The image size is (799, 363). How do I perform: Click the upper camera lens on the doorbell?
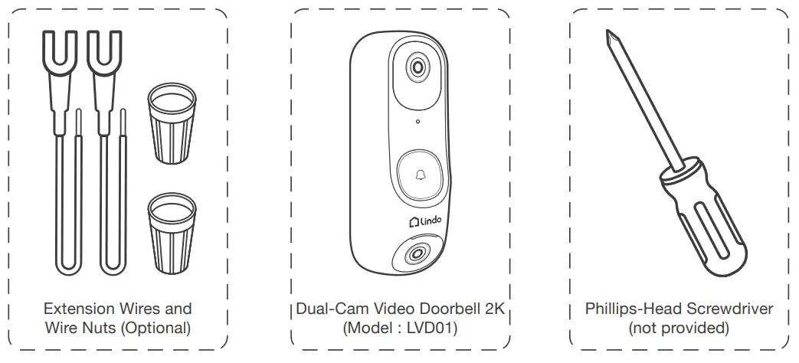click(418, 67)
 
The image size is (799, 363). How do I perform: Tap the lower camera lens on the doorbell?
click(417, 253)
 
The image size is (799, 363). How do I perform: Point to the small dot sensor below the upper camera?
click(417, 122)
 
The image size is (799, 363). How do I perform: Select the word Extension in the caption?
click(76, 309)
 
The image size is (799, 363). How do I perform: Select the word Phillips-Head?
click(632, 309)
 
